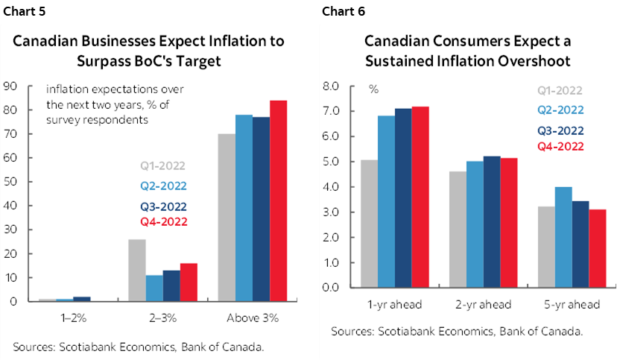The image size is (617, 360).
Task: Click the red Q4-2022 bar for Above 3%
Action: click(x=278, y=201)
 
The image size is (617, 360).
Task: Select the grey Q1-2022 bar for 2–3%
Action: click(x=138, y=271)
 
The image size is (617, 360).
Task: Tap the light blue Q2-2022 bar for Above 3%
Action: click(x=243, y=209)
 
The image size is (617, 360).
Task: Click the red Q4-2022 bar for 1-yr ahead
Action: click(x=421, y=198)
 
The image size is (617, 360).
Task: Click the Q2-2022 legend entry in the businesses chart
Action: click(x=163, y=186)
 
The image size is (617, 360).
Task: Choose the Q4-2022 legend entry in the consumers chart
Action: click(x=559, y=146)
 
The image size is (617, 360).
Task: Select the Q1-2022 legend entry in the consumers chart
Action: click(x=559, y=92)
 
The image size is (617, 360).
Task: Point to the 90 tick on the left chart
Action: click(x=10, y=86)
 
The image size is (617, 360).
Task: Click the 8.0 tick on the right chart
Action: click(x=332, y=86)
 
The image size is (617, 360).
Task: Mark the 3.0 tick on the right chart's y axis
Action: click(x=332, y=212)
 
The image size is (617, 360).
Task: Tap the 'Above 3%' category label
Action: click(x=252, y=318)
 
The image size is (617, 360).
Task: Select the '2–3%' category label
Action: click(x=164, y=318)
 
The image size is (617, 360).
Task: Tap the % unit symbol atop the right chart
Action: click(x=373, y=89)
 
